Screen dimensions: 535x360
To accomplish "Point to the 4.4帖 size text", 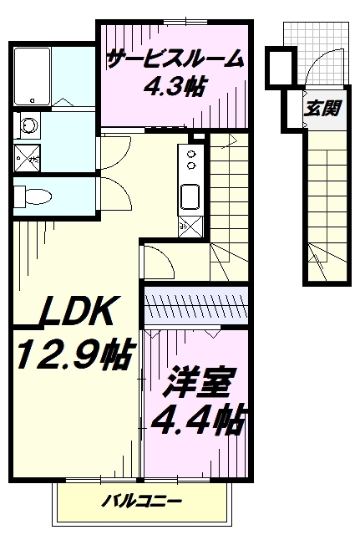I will coord(198,420).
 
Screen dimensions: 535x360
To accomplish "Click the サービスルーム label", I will coord(175,60).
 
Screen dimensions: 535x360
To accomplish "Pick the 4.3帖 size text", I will coord(175,86).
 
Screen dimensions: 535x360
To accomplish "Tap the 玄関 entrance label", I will coord(321,108).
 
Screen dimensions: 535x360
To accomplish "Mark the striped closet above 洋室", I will coord(196,306).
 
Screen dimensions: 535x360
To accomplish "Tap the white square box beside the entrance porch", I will coord(281,64).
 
